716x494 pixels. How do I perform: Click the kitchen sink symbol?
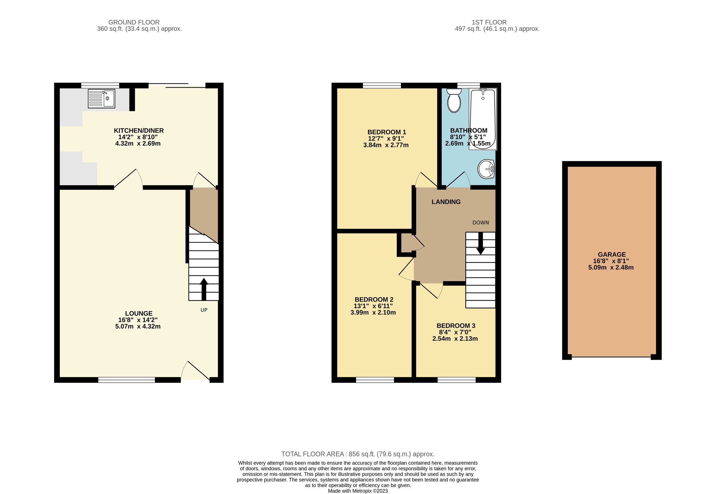(101, 99)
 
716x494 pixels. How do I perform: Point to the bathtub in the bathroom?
(483, 119)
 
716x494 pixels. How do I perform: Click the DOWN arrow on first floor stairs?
(480, 243)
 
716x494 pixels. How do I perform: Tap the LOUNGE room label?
(139, 313)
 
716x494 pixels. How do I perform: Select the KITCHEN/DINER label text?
(139, 131)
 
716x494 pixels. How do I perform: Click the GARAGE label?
(611, 254)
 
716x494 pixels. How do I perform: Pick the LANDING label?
(446, 202)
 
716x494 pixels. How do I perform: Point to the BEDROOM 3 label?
(456, 326)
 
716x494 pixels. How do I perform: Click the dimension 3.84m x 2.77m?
(386, 145)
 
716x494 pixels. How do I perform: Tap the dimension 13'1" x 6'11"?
(373, 306)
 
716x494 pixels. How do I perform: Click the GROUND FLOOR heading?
(134, 22)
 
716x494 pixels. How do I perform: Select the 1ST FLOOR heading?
(489, 22)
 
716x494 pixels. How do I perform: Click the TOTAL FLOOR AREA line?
(357, 454)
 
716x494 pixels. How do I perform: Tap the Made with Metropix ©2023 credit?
(357, 491)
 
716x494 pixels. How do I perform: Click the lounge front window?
(126, 380)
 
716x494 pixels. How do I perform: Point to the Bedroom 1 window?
(382, 85)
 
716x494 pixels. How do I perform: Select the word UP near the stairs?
(204, 310)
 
